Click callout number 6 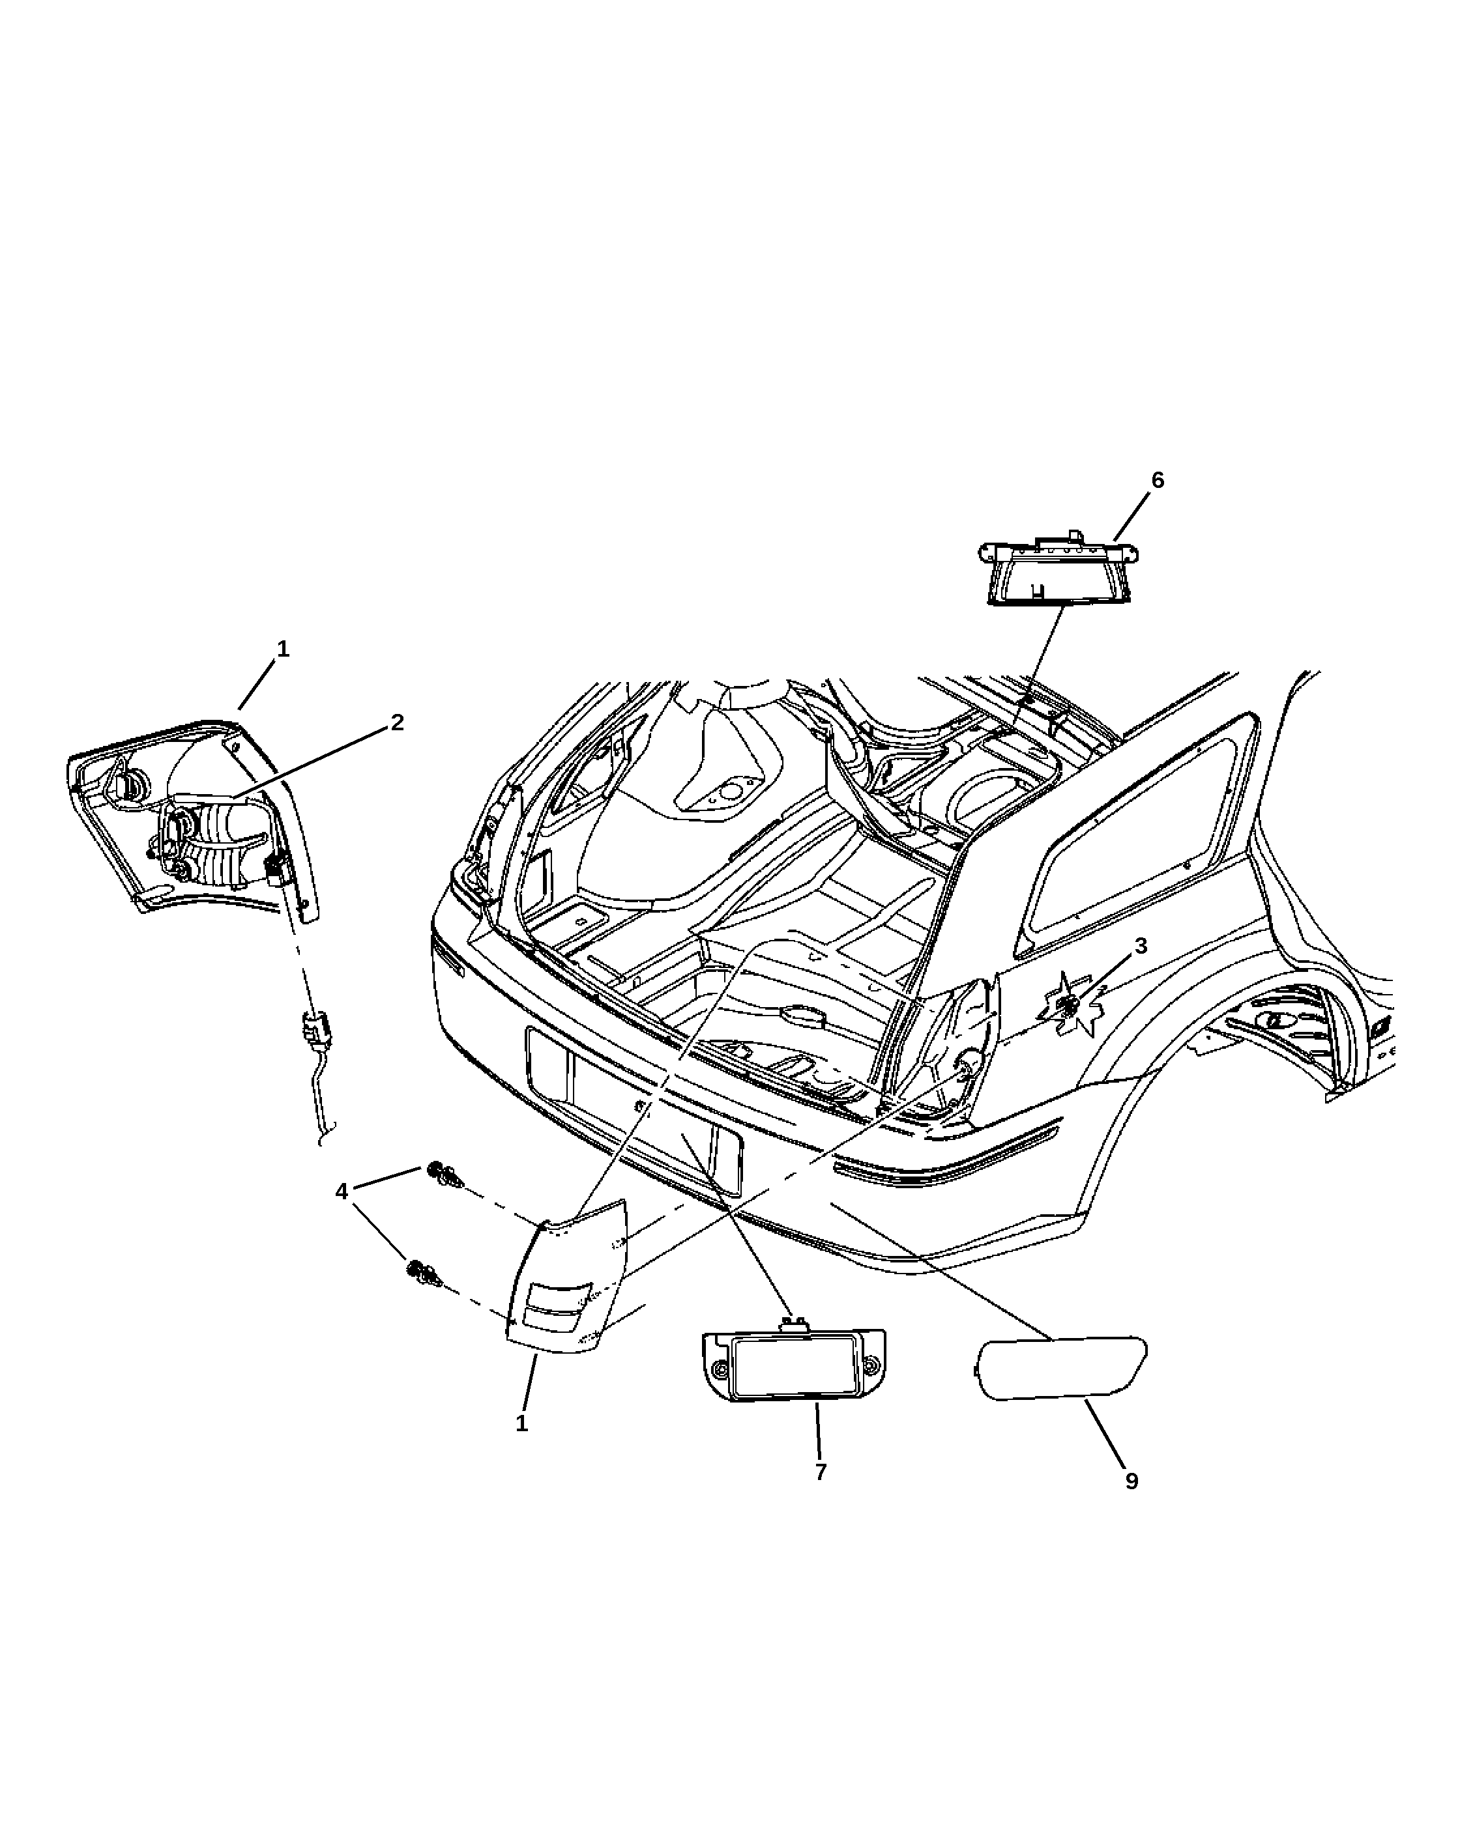(1157, 481)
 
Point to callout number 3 (1140, 946)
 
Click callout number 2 (397, 722)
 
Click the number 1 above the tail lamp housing (283, 649)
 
